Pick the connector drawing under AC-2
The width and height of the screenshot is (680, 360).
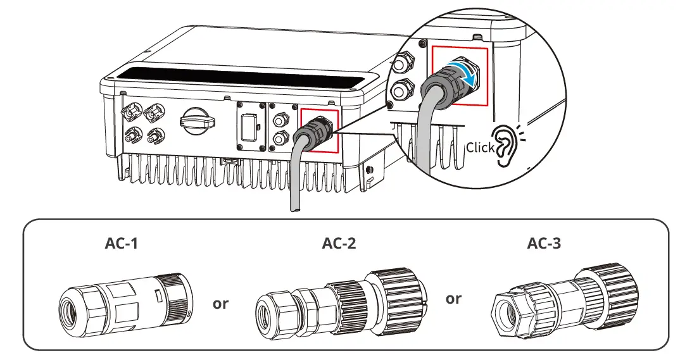coord(341,302)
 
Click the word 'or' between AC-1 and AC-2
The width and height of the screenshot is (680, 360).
coord(220,304)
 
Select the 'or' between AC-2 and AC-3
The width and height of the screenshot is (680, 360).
coord(453,298)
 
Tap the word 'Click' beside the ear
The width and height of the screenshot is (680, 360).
coord(479,147)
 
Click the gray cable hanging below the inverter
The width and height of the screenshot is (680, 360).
coord(294,183)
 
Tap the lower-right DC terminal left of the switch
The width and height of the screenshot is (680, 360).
coord(154,135)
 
